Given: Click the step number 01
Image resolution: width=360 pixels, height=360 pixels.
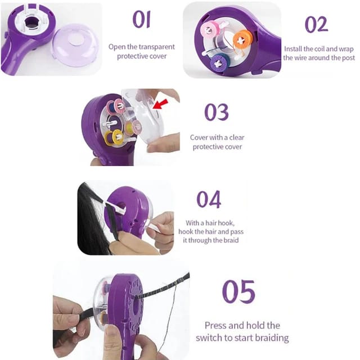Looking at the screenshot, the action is (142, 20).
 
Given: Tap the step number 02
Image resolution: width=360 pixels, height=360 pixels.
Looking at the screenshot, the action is (316, 24).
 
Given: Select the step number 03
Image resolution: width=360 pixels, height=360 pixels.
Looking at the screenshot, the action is (217, 112).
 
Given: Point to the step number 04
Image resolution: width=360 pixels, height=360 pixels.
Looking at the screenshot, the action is (209, 199).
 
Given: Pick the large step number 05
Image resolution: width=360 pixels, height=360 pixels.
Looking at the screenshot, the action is (238, 291).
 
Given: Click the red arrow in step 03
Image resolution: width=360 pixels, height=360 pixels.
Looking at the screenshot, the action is (160, 104).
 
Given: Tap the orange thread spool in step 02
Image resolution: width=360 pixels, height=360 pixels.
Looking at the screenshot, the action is (242, 40).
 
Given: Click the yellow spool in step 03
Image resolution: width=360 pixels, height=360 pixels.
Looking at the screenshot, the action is (114, 137).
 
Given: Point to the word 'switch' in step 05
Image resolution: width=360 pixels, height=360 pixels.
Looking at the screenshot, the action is (209, 337).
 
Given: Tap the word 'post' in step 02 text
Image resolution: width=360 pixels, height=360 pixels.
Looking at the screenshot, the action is (349, 58).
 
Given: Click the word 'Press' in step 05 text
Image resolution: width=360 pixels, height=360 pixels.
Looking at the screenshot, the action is (215, 325).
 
